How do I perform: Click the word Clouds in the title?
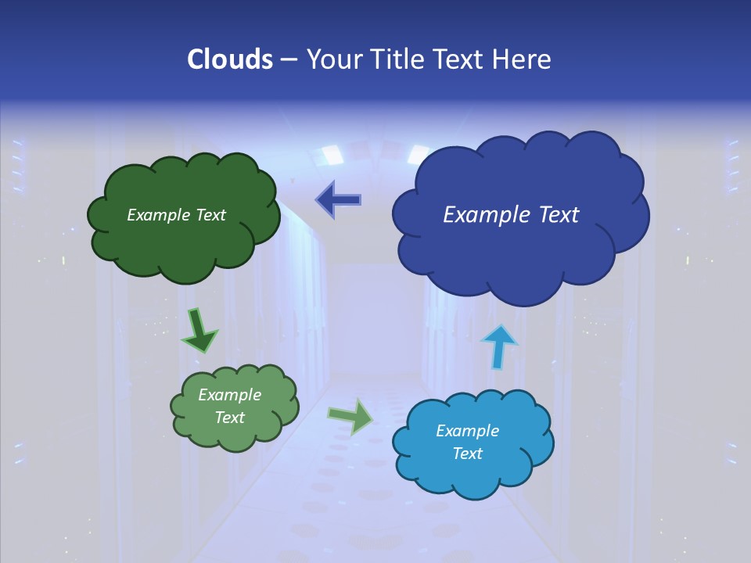[x=229, y=59]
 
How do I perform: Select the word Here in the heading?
[x=523, y=59]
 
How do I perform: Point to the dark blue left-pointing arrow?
[x=339, y=200]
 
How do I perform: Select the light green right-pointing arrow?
[x=351, y=416]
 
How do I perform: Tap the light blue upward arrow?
[x=498, y=346]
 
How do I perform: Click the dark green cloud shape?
[x=184, y=235]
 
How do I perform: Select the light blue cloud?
[x=473, y=469]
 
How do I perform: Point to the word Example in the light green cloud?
[x=229, y=395]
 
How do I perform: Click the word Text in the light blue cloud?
[x=467, y=454]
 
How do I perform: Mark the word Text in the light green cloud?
[x=229, y=418]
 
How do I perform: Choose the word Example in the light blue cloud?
[x=467, y=431]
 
